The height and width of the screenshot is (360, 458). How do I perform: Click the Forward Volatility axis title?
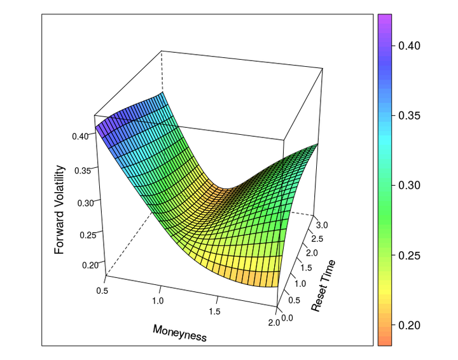coord(60,209)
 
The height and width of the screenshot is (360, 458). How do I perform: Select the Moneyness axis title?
coord(179,333)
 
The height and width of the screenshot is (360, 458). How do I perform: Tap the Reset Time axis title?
coord(324,285)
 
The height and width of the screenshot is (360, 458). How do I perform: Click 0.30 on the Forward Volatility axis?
coord(85,202)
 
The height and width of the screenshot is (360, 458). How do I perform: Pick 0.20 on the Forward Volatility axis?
coord(89,265)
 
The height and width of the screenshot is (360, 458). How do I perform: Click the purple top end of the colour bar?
coord(384,19)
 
